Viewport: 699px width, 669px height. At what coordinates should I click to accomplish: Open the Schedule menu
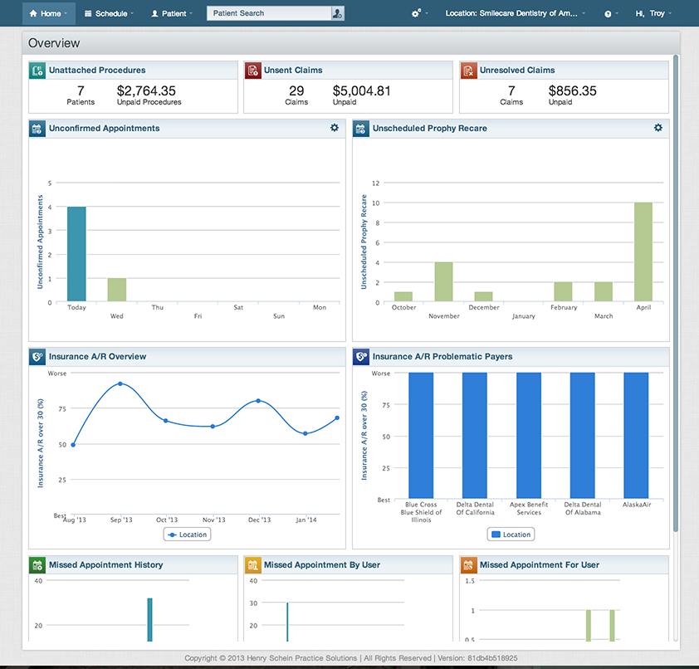coord(109,13)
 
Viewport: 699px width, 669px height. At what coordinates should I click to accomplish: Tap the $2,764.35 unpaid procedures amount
coord(146,91)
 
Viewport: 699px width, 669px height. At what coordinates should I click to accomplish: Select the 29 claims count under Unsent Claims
coord(296,91)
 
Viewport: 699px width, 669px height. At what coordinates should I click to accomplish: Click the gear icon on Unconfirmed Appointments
coord(335,128)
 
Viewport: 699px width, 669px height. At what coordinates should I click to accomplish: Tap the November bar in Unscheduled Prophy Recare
coord(443,281)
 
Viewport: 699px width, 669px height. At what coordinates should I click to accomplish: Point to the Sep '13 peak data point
coord(120,383)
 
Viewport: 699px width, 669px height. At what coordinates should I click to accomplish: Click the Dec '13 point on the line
coord(259,401)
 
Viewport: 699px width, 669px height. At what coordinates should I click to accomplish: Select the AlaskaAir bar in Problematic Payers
coord(636,436)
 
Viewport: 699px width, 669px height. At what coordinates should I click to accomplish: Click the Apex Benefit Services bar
coord(529,436)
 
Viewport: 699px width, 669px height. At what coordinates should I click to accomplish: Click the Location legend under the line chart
coord(187,535)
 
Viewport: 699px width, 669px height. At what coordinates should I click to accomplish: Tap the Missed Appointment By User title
coord(322,564)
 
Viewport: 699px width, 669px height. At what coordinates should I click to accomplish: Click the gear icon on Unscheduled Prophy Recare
coord(658,128)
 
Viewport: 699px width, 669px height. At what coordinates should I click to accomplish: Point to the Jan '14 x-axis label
coord(306,520)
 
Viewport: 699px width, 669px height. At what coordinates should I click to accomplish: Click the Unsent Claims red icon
coord(253,71)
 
